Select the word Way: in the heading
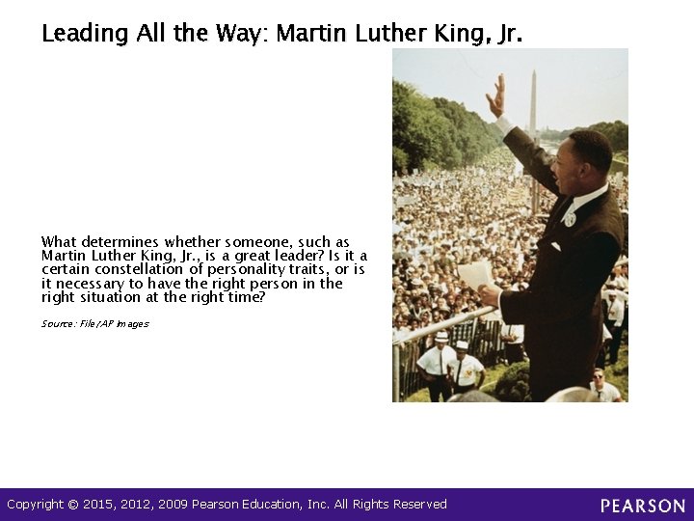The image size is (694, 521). tap(241, 34)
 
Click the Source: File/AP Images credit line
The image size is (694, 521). tap(94, 324)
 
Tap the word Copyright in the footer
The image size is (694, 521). tap(36, 505)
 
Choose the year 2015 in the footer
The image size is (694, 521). tap(98, 505)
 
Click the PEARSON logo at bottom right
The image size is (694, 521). tap(643, 506)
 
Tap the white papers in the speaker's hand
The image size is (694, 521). tap(475, 275)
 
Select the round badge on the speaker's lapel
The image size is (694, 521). tap(570, 219)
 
